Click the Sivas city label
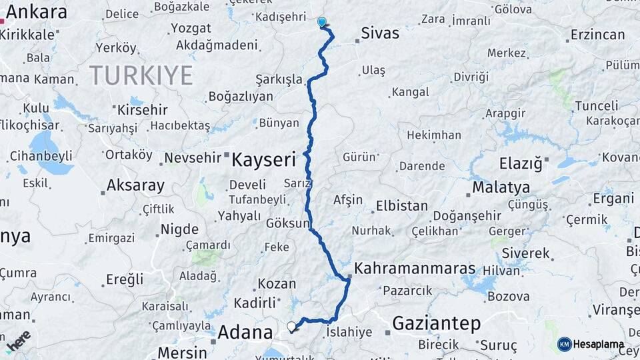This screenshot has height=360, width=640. (380, 33)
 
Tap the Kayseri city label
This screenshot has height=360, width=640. (263, 159)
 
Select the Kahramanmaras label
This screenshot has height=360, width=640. (415, 269)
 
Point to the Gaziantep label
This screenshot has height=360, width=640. (436, 324)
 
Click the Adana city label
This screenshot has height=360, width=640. (245, 332)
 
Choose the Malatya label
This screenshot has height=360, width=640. (501, 187)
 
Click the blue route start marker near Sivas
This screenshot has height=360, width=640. (322, 22)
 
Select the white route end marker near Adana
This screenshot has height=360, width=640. (291, 326)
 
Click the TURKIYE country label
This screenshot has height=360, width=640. (141, 75)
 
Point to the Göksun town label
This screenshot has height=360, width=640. (289, 223)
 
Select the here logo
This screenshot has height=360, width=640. (19, 341)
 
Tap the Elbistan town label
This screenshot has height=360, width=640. (401, 205)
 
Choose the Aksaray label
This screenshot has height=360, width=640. (135, 185)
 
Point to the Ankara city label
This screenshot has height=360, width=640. (37, 12)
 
